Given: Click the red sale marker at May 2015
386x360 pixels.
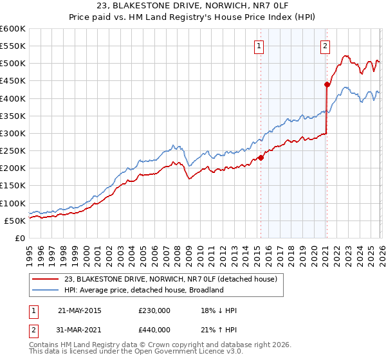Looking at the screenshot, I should click(261, 157).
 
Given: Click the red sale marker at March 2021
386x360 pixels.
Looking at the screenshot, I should click(327, 84).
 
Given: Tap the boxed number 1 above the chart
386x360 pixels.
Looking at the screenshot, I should click(259, 46).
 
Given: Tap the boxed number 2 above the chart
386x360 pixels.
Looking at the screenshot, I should click(326, 46).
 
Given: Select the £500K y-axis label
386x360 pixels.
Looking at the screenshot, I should click(13, 64).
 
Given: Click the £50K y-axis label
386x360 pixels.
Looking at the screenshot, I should click(15, 221).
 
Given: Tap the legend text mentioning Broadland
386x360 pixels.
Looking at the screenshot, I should click(143, 290).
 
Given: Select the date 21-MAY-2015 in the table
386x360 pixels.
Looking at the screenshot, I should click(79, 310).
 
